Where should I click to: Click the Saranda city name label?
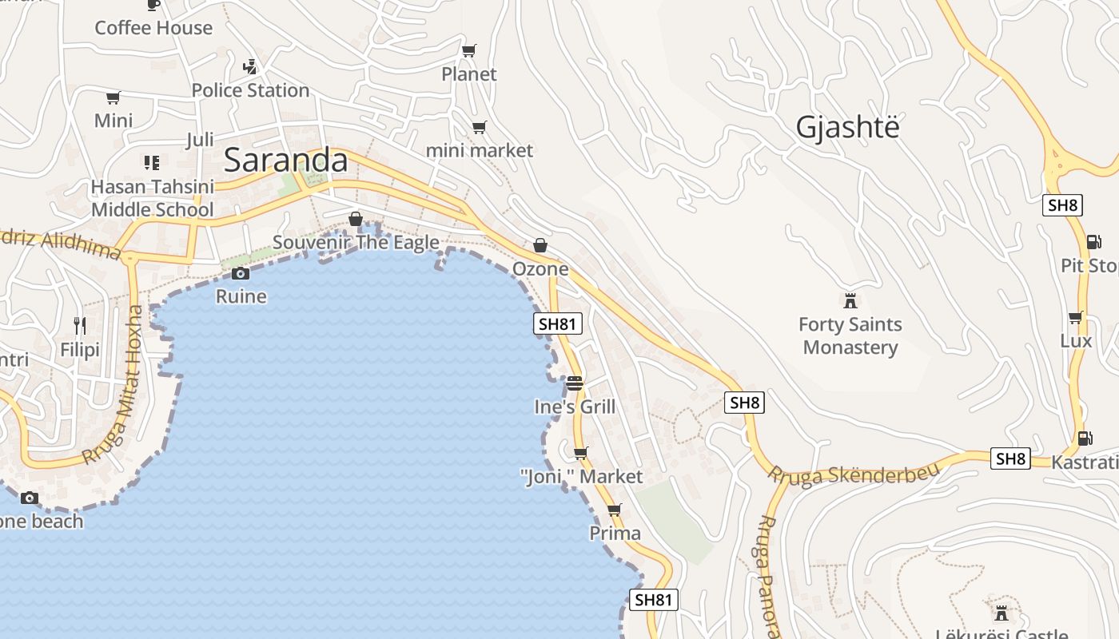click(286, 161)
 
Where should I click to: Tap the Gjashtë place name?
click(847, 128)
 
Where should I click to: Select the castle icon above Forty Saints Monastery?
click(850, 301)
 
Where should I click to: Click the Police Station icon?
click(250, 66)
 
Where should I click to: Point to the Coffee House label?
click(153, 28)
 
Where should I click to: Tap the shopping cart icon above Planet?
click(469, 51)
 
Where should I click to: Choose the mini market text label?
click(480, 150)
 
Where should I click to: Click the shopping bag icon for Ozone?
click(540, 245)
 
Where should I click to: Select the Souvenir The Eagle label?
click(356, 242)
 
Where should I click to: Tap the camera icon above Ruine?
click(241, 274)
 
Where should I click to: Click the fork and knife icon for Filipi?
click(80, 325)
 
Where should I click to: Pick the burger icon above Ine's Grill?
click(575, 384)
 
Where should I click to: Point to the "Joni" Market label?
click(581, 477)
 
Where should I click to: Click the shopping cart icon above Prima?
click(615, 510)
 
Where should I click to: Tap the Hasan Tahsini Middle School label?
click(152, 198)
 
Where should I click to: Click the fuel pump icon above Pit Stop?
click(1093, 242)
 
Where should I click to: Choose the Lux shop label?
click(1076, 341)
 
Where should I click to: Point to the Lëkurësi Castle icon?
click(1001, 613)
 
